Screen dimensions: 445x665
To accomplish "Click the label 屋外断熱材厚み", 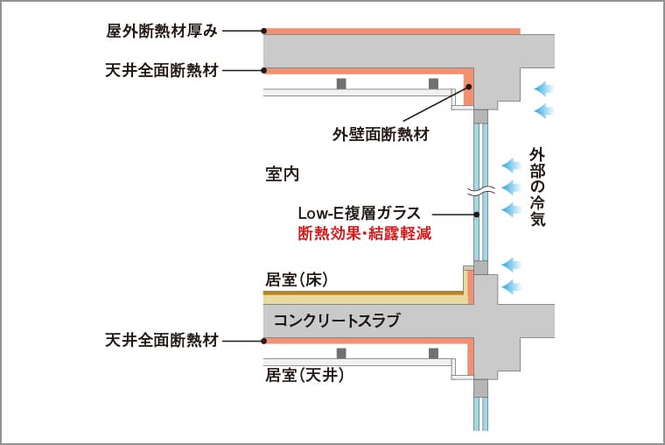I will pyautogui.click(x=160, y=31).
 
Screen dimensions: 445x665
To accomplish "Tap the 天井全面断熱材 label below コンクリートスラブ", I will pyautogui.click(x=161, y=339).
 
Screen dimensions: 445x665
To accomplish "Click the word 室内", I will pyautogui.click(x=282, y=173).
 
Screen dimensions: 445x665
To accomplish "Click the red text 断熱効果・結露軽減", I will pyautogui.click(x=365, y=234).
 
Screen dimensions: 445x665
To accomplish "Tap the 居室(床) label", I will pyautogui.click(x=296, y=279).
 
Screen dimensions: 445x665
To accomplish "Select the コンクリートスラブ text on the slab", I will pyautogui.click(x=337, y=321).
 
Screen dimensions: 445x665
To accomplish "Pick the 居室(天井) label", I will pyautogui.click(x=304, y=376).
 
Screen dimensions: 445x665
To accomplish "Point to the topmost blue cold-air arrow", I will pyautogui.click(x=544, y=88).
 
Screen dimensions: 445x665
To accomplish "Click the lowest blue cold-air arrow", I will pyautogui.click(x=512, y=286).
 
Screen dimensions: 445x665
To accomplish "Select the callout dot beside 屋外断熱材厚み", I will pyautogui.click(x=263, y=31).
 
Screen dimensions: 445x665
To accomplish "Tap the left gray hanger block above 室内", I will pyautogui.click(x=341, y=83).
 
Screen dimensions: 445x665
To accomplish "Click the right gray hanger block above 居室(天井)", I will pyautogui.click(x=433, y=353).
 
